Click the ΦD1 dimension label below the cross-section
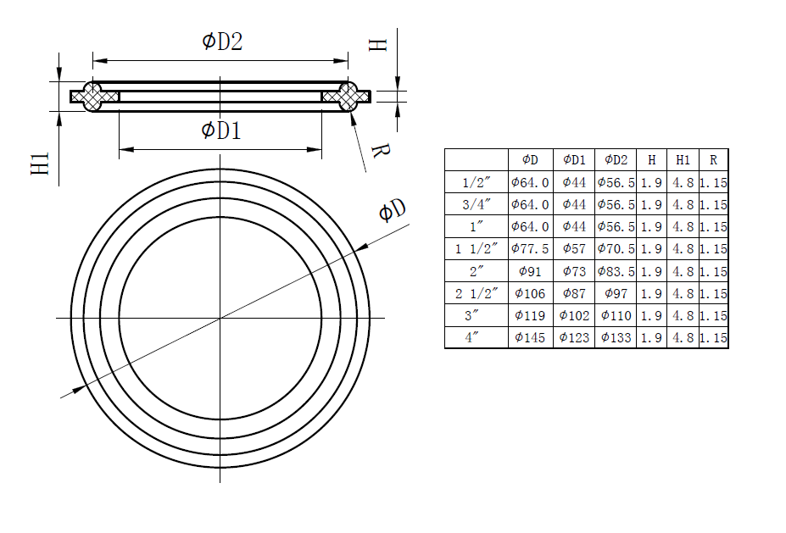(221, 130)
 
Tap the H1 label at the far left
(40, 164)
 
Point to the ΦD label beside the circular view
(391, 211)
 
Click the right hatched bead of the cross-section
(348, 97)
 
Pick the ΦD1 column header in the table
(574, 159)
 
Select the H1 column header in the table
(683, 159)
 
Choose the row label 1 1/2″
(476, 249)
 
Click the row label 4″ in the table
(476, 337)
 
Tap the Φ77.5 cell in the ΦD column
(530, 249)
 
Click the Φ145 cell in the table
(530, 337)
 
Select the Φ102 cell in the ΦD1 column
(574, 315)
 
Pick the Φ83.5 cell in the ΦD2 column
(616, 271)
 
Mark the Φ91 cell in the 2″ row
(530, 271)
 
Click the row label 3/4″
(476, 204)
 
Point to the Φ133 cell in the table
(616, 337)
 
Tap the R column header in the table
(713, 159)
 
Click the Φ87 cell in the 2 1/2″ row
(574, 293)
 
